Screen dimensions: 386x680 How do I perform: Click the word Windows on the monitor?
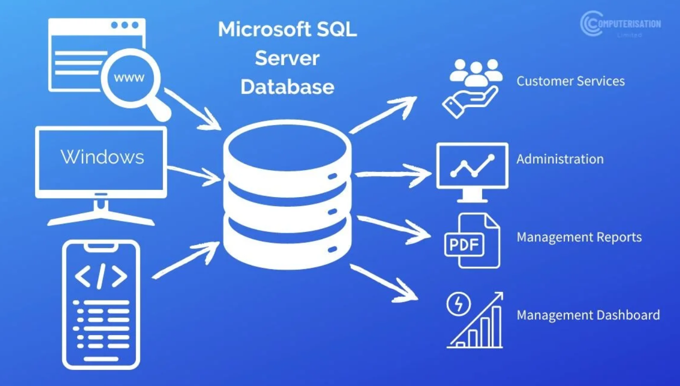(102, 157)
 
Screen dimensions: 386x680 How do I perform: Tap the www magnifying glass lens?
(129, 78)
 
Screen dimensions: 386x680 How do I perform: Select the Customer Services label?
(570, 81)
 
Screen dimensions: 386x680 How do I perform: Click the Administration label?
(559, 159)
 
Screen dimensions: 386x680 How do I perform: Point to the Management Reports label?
(579, 237)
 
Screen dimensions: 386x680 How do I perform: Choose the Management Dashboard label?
(588, 315)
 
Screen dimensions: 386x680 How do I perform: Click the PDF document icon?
(471, 241)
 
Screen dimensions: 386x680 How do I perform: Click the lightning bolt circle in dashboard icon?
(458, 304)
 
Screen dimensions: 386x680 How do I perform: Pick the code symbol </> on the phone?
(101, 276)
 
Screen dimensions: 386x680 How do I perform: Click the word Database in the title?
(287, 86)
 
